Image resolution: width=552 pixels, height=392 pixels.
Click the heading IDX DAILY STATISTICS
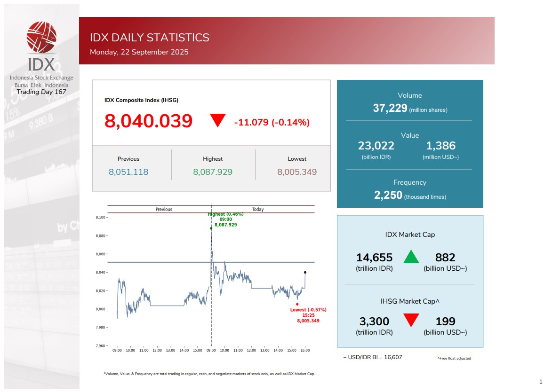[x=150, y=38]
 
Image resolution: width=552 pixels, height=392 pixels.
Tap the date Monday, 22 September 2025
[x=139, y=52]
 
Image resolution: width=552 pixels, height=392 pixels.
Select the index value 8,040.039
[x=149, y=121]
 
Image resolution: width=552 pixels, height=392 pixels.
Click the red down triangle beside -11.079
[x=218, y=121]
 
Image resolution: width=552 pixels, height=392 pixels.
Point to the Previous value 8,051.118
[x=128, y=172]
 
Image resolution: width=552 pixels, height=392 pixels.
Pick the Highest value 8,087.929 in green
[x=213, y=172]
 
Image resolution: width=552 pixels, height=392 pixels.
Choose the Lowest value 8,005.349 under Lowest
[x=297, y=172]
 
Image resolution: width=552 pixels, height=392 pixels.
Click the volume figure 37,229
[x=390, y=109]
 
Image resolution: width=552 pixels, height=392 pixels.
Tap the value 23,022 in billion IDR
[x=376, y=146]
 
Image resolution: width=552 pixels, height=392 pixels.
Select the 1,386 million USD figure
[x=441, y=146]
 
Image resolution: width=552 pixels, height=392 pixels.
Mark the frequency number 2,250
[x=388, y=196]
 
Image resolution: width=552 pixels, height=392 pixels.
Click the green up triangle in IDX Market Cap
[x=411, y=257]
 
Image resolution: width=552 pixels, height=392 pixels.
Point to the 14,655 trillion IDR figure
[x=374, y=258]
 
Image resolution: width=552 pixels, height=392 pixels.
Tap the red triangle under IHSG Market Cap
[x=411, y=321]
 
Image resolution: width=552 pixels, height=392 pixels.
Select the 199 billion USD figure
[x=445, y=321]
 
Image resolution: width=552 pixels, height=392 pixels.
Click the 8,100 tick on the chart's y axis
[x=101, y=218]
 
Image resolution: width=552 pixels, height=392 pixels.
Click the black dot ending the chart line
[x=305, y=272]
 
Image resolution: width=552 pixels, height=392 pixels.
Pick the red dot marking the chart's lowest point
[x=297, y=304]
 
